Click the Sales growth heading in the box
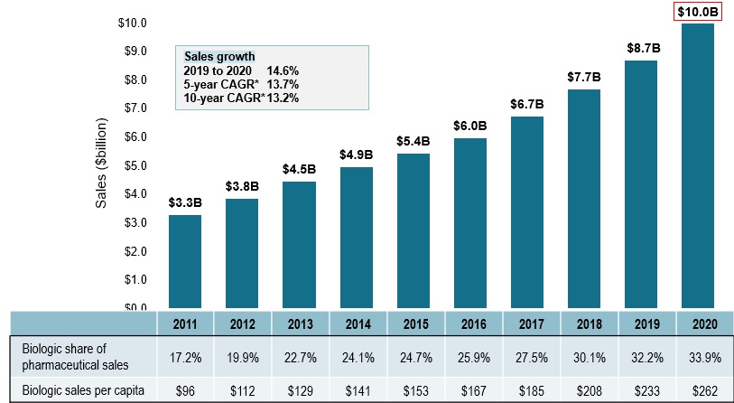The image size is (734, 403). pos(219,54)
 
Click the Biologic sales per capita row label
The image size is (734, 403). pos(82,389)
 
